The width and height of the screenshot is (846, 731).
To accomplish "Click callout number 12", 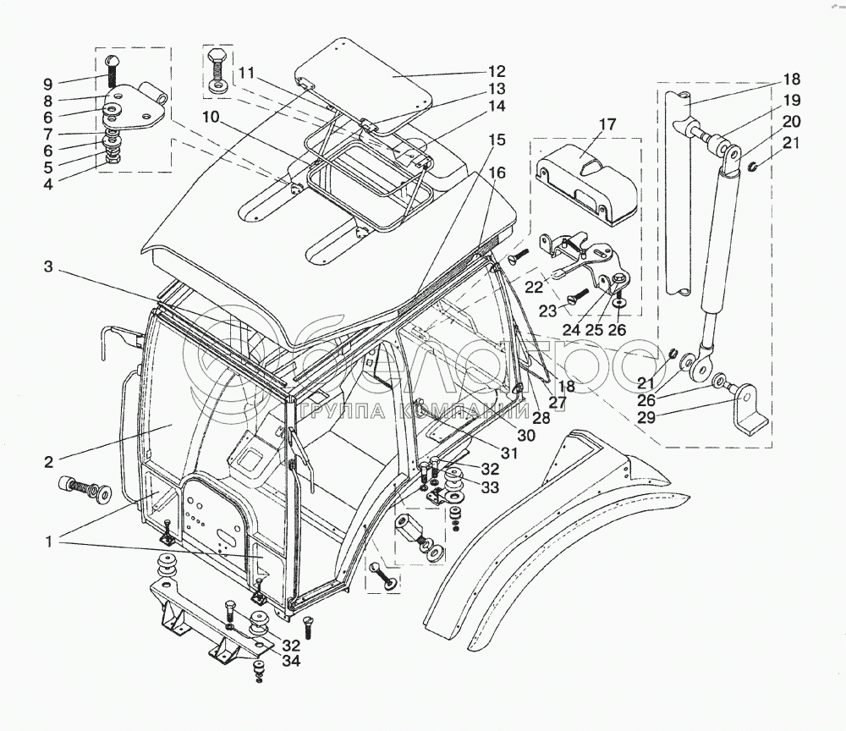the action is (x=497, y=71).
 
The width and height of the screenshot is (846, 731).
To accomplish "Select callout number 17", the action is (x=607, y=124).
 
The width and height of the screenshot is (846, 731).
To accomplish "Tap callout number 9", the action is (x=48, y=84).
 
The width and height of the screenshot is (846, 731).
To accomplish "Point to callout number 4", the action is (x=48, y=184).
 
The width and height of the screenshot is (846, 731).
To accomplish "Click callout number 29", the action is (x=646, y=416).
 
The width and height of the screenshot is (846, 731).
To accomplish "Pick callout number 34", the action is (x=291, y=660).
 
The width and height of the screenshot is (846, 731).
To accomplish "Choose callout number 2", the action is (x=48, y=462).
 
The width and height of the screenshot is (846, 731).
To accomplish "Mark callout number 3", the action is (x=48, y=267).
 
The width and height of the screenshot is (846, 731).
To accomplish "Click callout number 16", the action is (x=497, y=173).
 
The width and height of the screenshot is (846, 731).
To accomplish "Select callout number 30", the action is (x=526, y=435).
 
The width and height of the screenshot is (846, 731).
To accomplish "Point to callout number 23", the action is (x=547, y=312).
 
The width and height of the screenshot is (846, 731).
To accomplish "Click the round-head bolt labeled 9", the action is (x=112, y=69).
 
